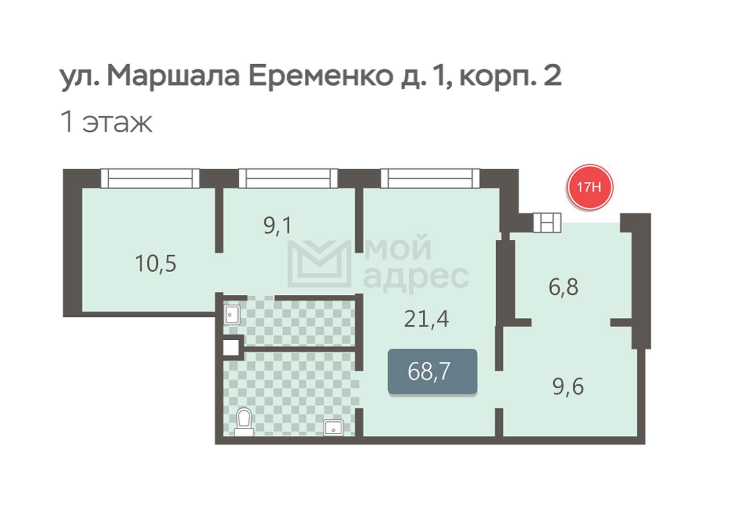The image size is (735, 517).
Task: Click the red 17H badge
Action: [589, 187]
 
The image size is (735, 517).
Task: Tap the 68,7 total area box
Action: [432, 372]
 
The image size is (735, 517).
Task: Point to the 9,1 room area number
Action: [278, 226]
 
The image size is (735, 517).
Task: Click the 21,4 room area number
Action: [426, 319]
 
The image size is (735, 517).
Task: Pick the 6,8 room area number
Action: [563, 287]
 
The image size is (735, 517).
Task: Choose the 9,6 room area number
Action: [568, 387]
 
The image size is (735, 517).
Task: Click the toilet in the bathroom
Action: [245, 422]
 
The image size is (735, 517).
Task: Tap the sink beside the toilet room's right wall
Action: [333, 428]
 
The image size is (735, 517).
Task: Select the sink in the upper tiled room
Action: [232, 315]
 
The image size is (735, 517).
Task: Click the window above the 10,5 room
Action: [150, 178]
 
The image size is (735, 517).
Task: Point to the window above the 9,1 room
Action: [288, 178]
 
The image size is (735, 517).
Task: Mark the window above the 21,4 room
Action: [430, 178]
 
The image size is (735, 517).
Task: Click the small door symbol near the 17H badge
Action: [547, 223]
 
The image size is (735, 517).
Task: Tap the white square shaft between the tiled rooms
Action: [231, 348]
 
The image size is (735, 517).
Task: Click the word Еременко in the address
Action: [321, 77]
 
